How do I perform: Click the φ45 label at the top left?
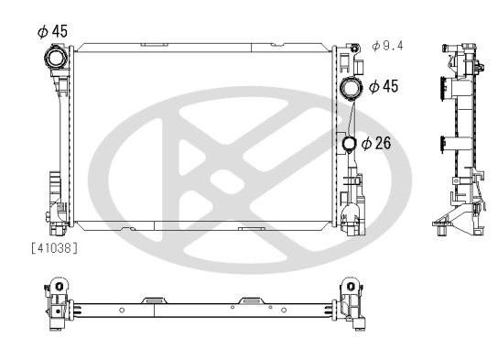pos(52,31)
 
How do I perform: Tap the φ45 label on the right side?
pos(384,86)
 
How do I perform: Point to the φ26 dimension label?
pos(377,143)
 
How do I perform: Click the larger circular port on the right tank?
pos(351,90)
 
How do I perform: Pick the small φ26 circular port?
pos(350,144)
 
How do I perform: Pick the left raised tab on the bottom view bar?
pos(154,299)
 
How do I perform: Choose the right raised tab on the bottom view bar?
pos(250,299)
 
